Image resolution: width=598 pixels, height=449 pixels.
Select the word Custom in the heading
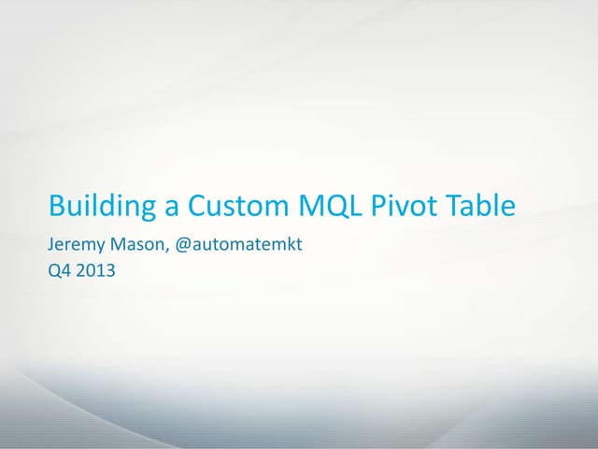pyautogui.click(x=235, y=205)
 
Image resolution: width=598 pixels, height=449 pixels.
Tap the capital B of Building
pyautogui.click(x=56, y=205)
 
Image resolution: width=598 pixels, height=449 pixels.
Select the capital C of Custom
pyautogui.click(x=198, y=205)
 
